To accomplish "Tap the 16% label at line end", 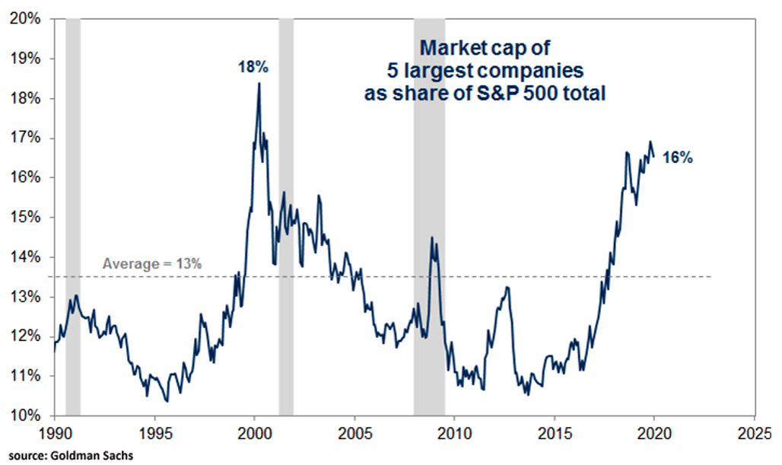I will [x=679, y=158].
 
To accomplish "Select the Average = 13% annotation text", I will [x=152, y=264].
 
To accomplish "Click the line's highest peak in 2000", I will [x=259, y=84].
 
